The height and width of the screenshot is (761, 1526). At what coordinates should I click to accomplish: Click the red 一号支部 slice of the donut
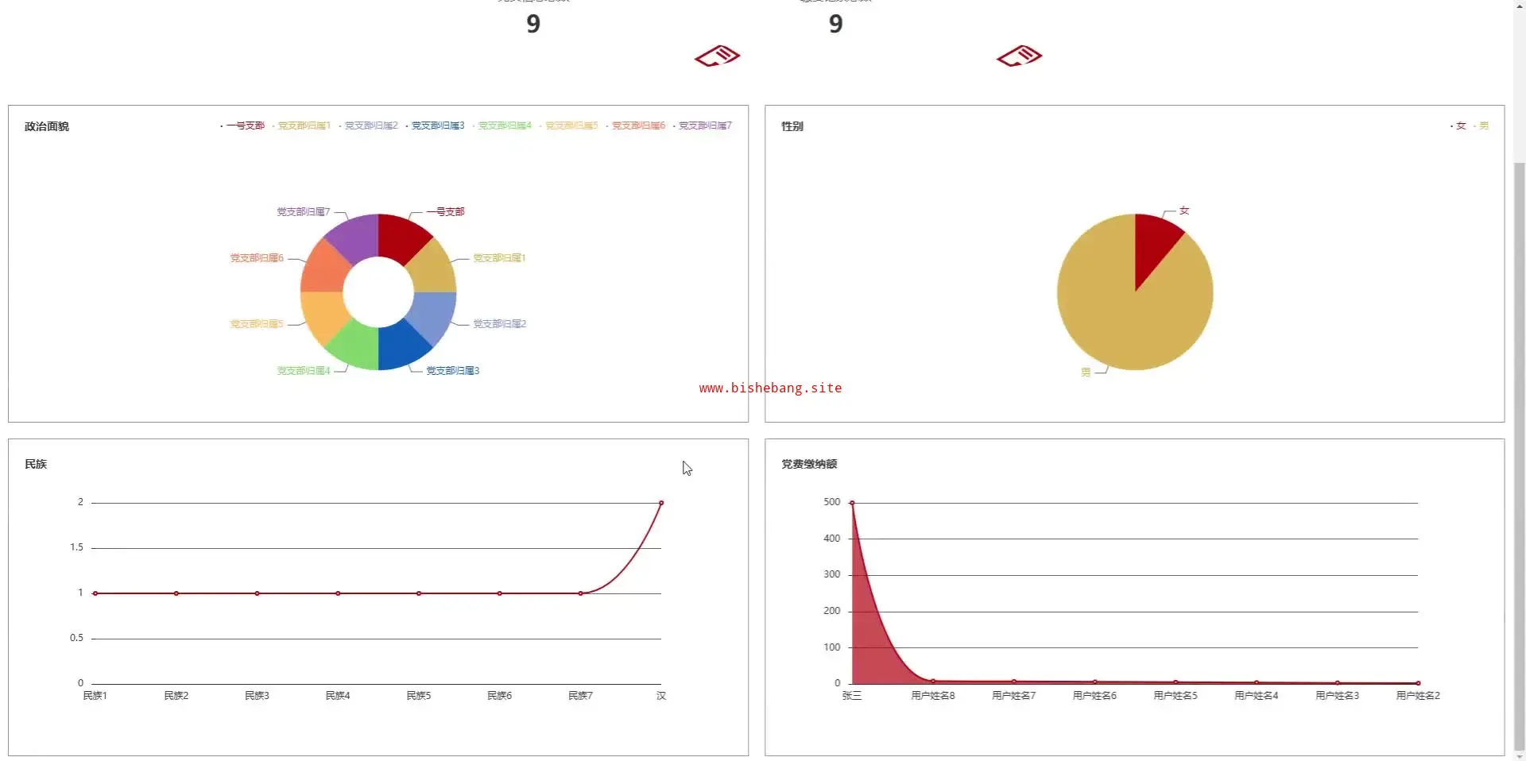pyautogui.click(x=402, y=238)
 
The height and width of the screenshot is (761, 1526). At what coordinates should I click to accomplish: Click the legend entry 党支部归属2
pyautogui.click(x=370, y=126)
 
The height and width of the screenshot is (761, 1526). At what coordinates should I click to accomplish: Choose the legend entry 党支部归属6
pyautogui.click(x=637, y=126)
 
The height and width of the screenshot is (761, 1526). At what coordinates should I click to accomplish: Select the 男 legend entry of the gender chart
pyautogui.click(x=1483, y=126)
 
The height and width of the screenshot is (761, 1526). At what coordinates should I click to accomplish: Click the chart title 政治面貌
pyautogui.click(x=47, y=126)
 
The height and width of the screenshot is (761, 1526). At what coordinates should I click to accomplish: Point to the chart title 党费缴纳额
pyautogui.click(x=809, y=464)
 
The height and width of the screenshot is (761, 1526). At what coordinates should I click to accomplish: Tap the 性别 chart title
pyautogui.click(x=792, y=126)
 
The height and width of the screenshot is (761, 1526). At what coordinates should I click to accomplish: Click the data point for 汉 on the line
pyautogui.click(x=661, y=503)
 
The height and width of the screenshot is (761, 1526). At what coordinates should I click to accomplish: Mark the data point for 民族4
pyautogui.click(x=338, y=593)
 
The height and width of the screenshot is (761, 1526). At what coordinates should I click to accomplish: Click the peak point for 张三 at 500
pyautogui.click(x=852, y=503)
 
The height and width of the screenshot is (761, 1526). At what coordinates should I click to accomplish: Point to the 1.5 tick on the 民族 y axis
pyautogui.click(x=76, y=547)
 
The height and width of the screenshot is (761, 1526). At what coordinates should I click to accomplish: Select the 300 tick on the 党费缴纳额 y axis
pyautogui.click(x=831, y=574)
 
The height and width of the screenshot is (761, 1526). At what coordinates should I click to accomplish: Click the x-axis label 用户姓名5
pyautogui.click(x=1175, y=696)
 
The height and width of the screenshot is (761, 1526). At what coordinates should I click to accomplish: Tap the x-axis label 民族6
pyautogui.click(x=499, y=696)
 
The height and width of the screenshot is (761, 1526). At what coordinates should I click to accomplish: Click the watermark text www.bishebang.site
pyautogui.click(x=770, y=388)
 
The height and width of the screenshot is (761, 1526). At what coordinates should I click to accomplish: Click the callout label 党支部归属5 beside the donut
pyautogui.click(x=257, y=324)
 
